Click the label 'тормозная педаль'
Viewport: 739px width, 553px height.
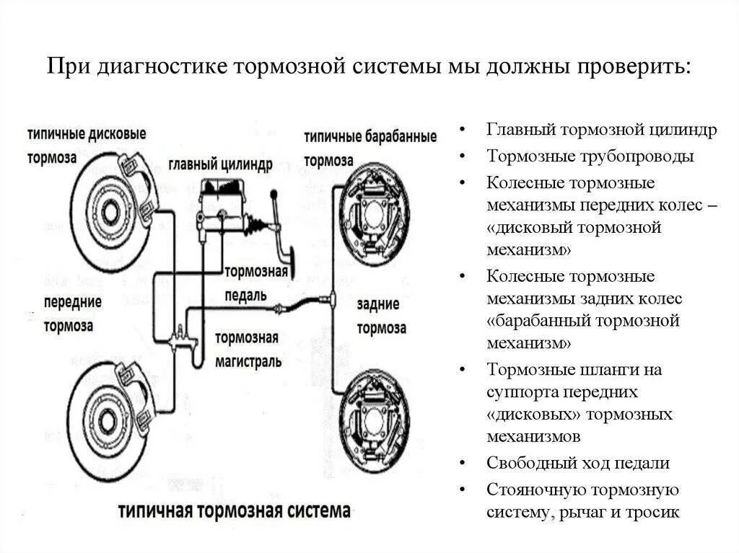click(x=255, y=283)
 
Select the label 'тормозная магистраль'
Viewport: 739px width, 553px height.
click(x=248, y=349)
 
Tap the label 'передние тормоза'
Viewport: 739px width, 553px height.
click(x=72, y=313)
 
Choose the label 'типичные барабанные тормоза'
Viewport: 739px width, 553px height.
click(x=369, y=148)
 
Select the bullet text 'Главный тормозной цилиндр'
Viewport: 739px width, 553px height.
click(x=602, y=130)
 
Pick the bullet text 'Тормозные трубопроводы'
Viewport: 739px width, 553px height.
click(x=590, y=156)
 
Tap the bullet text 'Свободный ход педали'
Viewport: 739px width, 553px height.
click(x=578, y=463)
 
